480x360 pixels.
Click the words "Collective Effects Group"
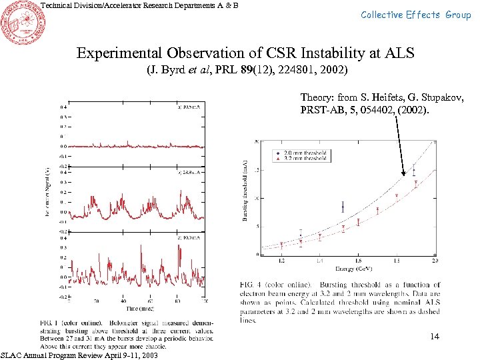coord(416,15)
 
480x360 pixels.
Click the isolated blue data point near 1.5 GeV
coord(343,207)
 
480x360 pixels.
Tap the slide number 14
coord(435,337)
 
